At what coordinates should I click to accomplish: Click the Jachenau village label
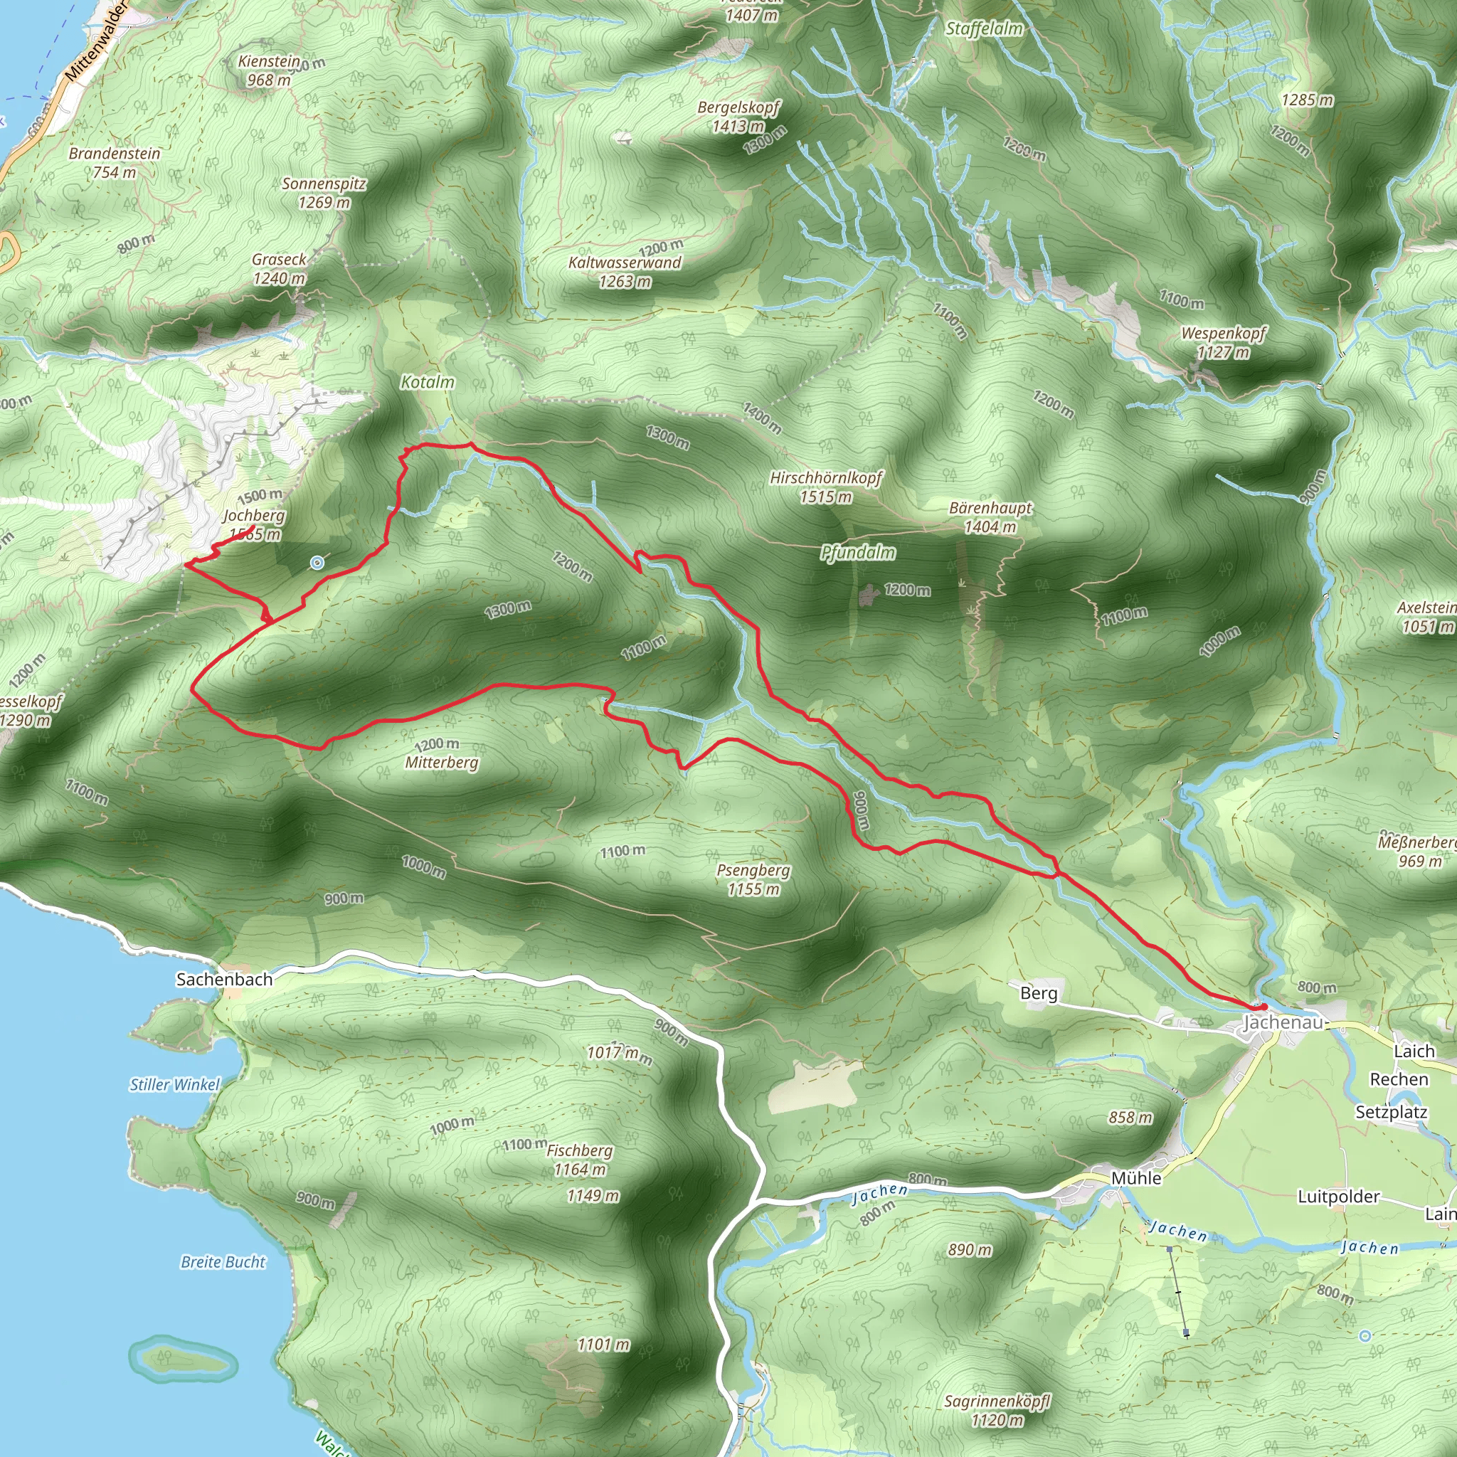pos(1281,1022)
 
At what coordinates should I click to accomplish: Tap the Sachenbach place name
pos(224,979)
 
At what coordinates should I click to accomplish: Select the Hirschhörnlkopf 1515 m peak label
pos(826,487)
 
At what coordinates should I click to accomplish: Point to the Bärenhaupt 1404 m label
pos(990,517)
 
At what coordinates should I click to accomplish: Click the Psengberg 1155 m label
pos(753,879)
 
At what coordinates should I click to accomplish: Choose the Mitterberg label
pos(442,763)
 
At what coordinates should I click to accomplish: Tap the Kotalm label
pos(428,382)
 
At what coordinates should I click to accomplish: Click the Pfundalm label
pos(858,553)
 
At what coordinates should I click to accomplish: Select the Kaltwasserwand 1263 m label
pos(625,272)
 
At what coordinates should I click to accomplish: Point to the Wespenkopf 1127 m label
pos(1223,342)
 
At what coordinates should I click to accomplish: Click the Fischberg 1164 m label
pos(579,1160)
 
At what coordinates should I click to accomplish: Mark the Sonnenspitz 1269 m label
pos(324,193)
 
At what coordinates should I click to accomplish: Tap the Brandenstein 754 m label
pos(115,163)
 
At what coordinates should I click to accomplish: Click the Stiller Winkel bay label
pos(174,1084)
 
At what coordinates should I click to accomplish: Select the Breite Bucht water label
pos(223,1261)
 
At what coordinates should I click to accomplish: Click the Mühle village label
pos(1136,1178)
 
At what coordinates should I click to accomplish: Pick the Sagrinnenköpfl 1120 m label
pos(997,1411)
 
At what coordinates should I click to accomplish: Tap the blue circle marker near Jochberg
pos(317,562)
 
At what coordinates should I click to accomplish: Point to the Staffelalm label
pos(984,28)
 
